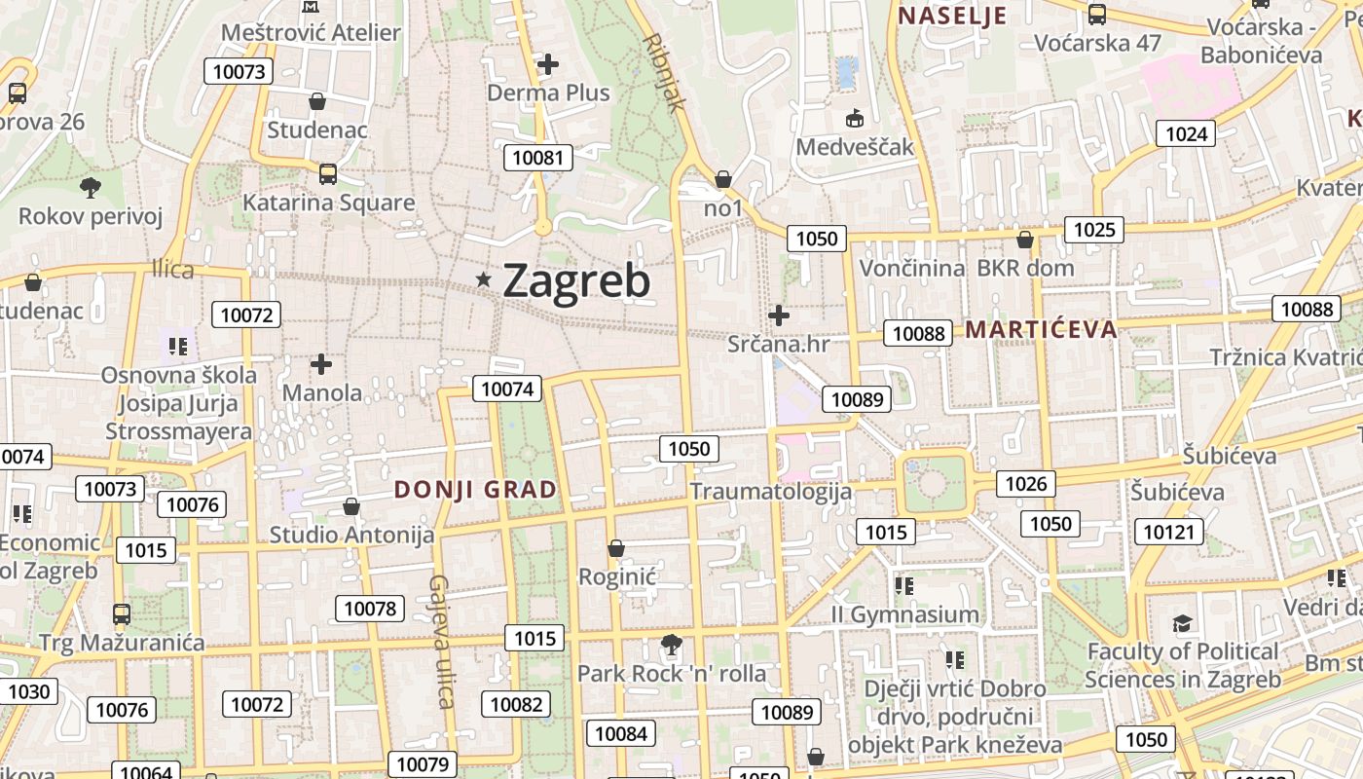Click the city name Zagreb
coord(576,281)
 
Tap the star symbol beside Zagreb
coord(483,280)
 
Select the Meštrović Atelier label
coord(311,32)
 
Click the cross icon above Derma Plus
coord(548,65)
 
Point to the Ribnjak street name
coord(666,73)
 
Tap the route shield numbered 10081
coord(537,158)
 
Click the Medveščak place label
coord(855,147)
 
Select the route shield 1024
coord(1186,133)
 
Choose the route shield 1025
coord(1094,230)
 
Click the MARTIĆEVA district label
coord(1041,329)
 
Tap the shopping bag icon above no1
coord(722,179)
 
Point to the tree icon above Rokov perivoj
coord(91,187)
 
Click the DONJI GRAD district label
coord(475,490)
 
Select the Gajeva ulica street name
coord(440,642)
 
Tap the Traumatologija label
coord(770,491)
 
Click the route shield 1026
coord(1025,484)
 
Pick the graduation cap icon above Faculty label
coord(1182,623)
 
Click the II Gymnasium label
coord(904,614)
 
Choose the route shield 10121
coord(1168,532)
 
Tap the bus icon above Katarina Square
coord(328,174)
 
